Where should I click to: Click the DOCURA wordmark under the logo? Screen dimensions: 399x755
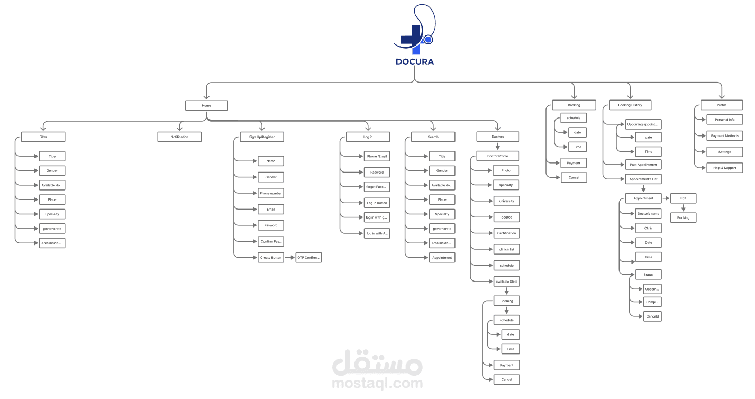(414, 61)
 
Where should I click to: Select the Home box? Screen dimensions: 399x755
(206, 105)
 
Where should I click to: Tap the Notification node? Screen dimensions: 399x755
(179, 137)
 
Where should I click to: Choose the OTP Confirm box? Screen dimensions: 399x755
(309, 258)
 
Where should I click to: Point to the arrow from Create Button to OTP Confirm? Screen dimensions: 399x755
(289, 258)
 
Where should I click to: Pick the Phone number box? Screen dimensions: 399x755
(271, 193)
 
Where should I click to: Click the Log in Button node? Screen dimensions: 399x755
(377, 203)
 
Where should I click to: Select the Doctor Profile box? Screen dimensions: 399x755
(497, 156)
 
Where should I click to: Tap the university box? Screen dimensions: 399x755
(506, 201)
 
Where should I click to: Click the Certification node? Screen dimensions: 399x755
(506, 233)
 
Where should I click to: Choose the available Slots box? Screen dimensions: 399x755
(506, 281)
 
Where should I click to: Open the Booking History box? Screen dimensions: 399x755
(630, 105)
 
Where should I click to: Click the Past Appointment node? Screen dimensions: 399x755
(643, 165)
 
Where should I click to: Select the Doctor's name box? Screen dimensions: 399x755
(648, 214)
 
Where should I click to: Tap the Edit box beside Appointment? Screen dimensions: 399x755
(684, 198)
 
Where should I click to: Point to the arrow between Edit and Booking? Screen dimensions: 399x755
(684, 208)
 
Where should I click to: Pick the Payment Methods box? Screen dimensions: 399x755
(724, 136)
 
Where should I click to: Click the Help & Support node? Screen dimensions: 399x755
(724, 168)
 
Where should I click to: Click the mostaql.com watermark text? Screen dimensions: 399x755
(377, 383)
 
